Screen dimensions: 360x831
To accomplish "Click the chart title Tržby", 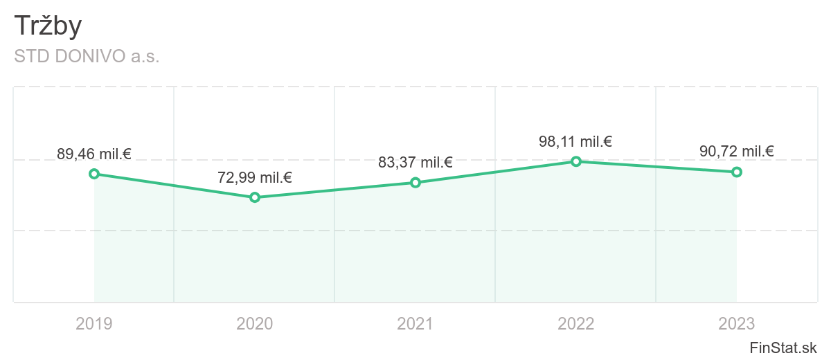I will [x=48, y=26].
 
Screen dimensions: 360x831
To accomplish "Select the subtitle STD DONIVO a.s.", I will [x=87, y=57].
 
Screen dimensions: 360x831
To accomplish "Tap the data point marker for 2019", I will [x=94, y=174].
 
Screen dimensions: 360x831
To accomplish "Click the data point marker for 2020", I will [x=255, y=197].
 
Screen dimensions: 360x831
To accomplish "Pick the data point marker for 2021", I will [x=415, y=183].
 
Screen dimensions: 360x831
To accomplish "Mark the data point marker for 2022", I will [x=576, y=161].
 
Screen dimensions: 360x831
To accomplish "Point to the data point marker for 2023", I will [x=737, y=172].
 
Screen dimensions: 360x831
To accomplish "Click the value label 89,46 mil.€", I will [x=94, y=154].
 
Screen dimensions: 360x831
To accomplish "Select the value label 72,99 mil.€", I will [x=255, y=178].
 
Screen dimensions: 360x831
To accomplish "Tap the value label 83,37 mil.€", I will [x=415, y=163].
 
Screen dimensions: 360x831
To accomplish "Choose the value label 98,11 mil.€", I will [x=576, y=142].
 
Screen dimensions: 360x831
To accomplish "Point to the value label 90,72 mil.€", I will [x=737, y=152].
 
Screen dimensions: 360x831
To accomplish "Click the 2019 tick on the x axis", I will [x=94, y=323].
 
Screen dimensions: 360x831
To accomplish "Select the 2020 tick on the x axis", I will [x=255, y=323].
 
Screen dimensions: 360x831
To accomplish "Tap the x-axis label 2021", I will [x=415, y=323].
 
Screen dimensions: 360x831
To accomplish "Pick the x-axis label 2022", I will [x=576, y=323].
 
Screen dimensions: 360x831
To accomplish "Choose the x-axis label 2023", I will [x=737, y=323].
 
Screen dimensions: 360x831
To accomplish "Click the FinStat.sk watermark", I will [x=783, y=348].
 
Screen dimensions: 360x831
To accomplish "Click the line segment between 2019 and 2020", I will [x=175, y=186].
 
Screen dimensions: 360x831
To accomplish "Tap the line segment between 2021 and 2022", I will [x=496, y=172].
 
